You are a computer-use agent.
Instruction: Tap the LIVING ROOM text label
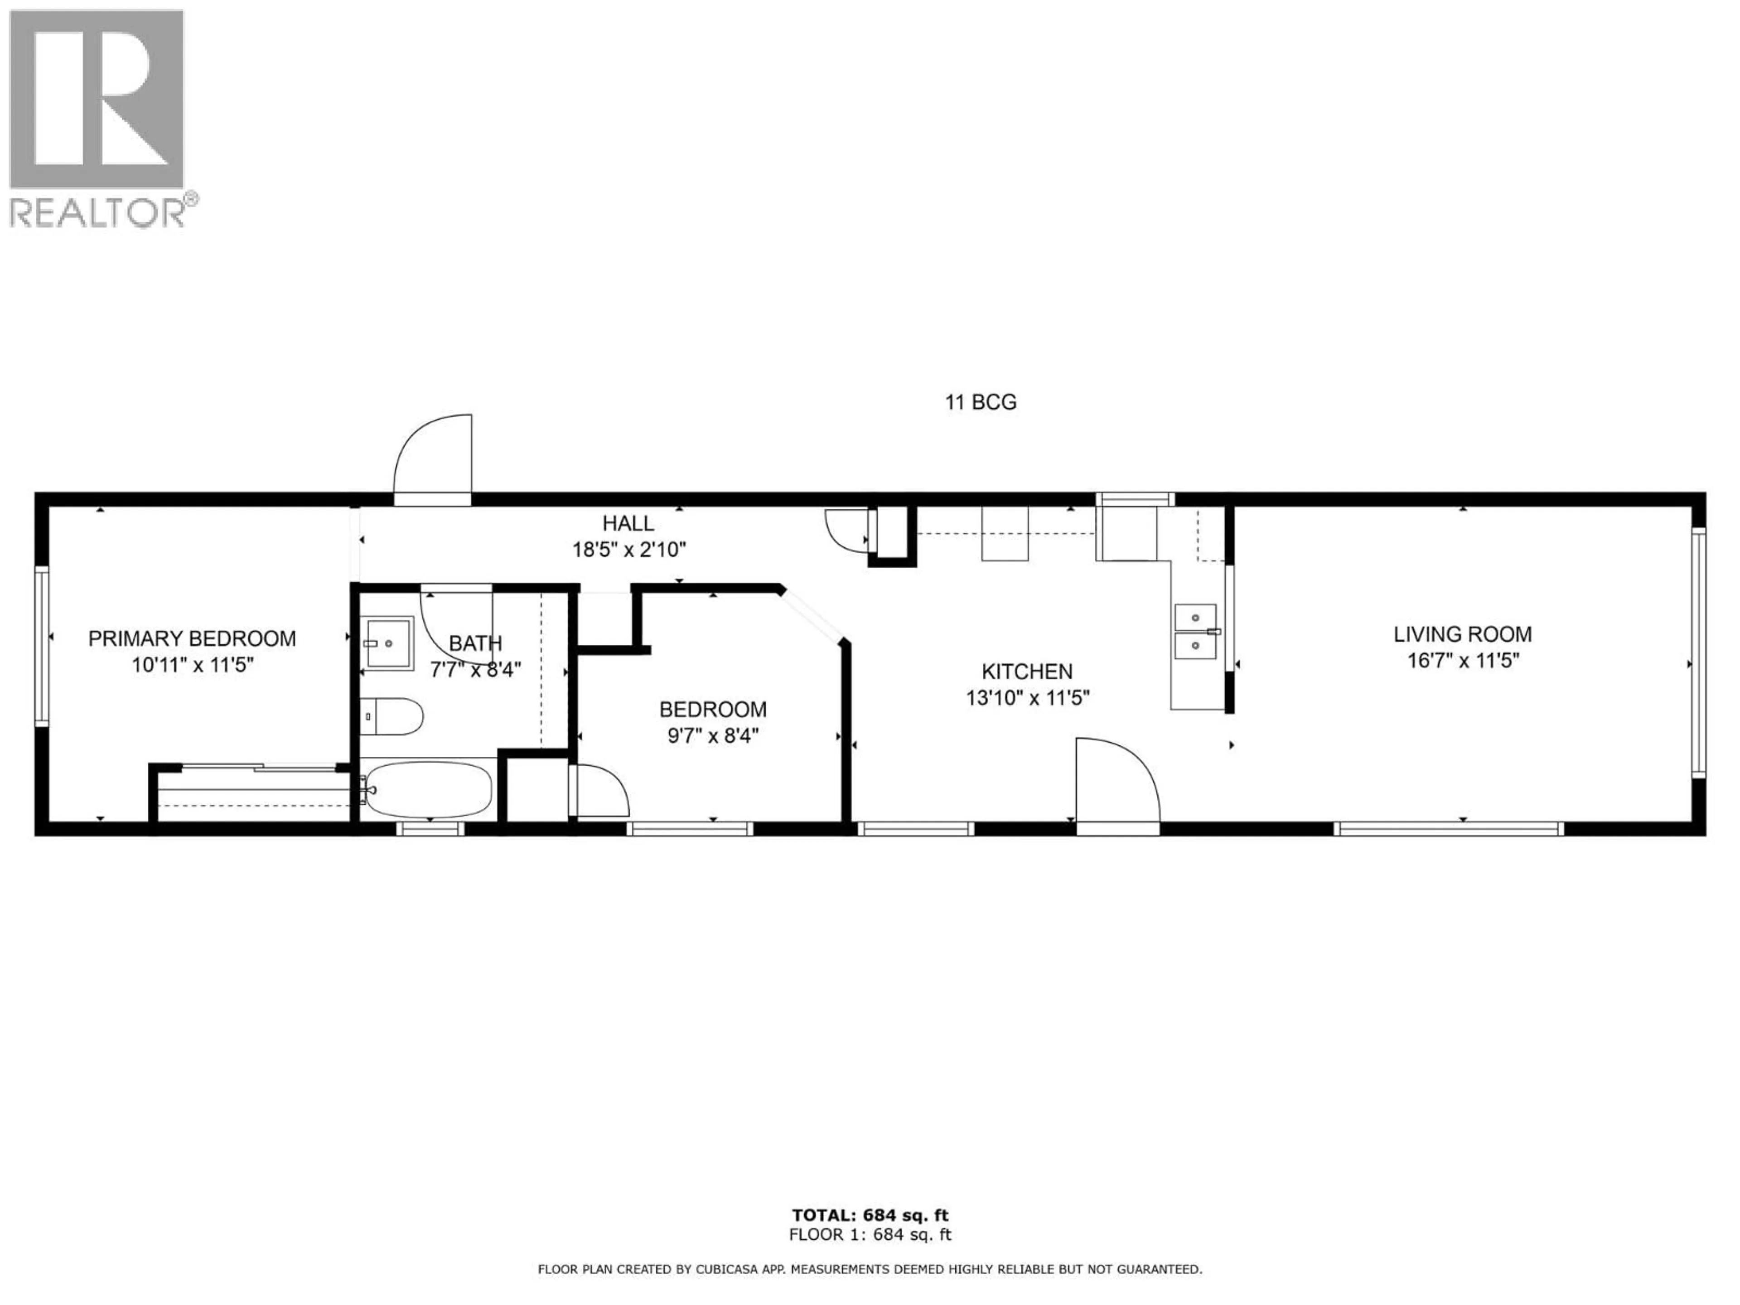[1462, 634]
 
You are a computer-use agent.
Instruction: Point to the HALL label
[628, 523]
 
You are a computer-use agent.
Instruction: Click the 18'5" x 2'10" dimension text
[628, 550]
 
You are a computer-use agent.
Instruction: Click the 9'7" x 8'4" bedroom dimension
[713, 736]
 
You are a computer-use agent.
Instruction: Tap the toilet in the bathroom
[392, 716]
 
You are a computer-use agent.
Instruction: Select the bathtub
[429, 789]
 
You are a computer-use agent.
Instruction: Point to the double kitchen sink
[1195, 632]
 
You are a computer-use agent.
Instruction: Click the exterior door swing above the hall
[433, 460]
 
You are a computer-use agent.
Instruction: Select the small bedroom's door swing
[602, 791]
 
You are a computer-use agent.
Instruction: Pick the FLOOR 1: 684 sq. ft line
[870, 1235]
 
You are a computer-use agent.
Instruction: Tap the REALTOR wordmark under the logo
[97, 213]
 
